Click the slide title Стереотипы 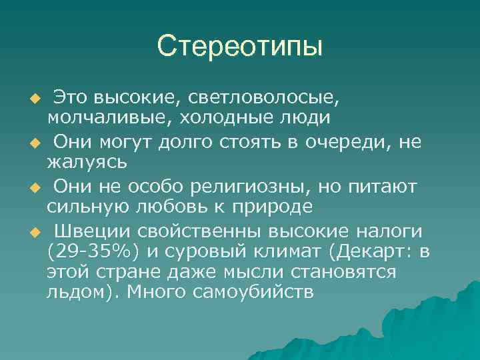click(x=239, y=46)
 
